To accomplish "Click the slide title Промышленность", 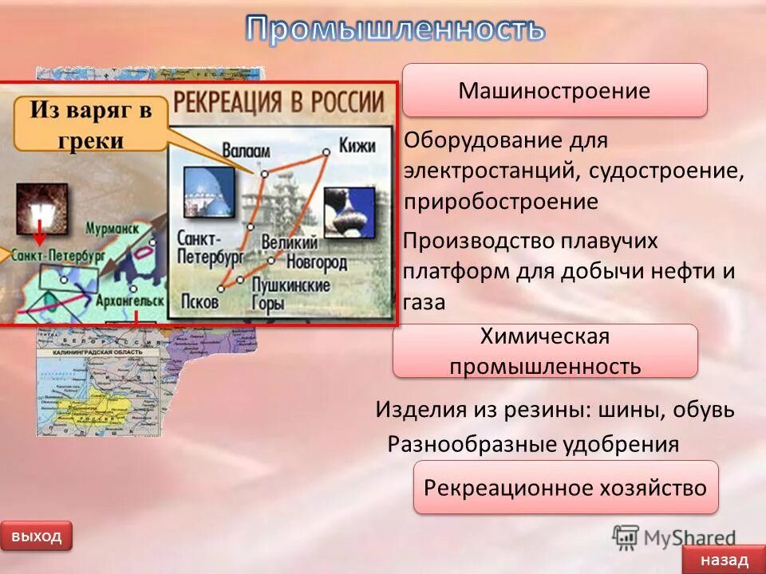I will [395, 29].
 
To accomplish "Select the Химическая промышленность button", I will [545, 351].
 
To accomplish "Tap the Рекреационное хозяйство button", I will [565, 487].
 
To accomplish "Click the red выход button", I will [36, 536].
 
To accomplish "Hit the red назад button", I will [724, 560].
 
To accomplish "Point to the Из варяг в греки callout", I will [89, 124].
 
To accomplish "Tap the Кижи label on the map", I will [356, 146].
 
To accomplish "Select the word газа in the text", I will [424, 302].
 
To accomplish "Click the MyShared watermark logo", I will [674, 537].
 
